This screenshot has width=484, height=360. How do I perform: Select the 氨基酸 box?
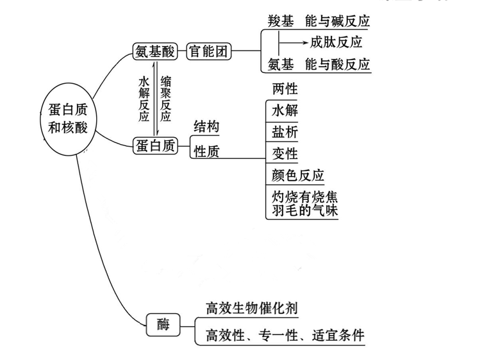click(x=154, y=52)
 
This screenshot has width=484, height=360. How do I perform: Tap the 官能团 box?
click(x=208, y=52)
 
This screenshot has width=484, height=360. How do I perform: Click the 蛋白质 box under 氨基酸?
click(x=154, y=145)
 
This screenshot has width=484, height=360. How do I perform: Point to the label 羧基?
click(x=280, y=21)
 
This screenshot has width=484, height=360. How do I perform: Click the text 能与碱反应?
click(x=338, y=21)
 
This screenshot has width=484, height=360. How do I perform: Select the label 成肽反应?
click(x=335, y=42)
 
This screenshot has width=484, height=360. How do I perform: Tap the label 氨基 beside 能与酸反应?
click(x=280, y=64)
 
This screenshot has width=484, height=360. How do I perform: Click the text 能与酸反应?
click(x=338, y=64)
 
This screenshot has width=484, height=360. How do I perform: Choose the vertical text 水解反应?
click(x=144, y=99)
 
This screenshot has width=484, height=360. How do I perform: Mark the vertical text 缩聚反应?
click(x=165, y=99)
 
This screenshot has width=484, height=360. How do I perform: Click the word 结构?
click(x=206, y=127)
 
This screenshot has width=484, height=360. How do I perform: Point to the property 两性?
click(x=285, y=88)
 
